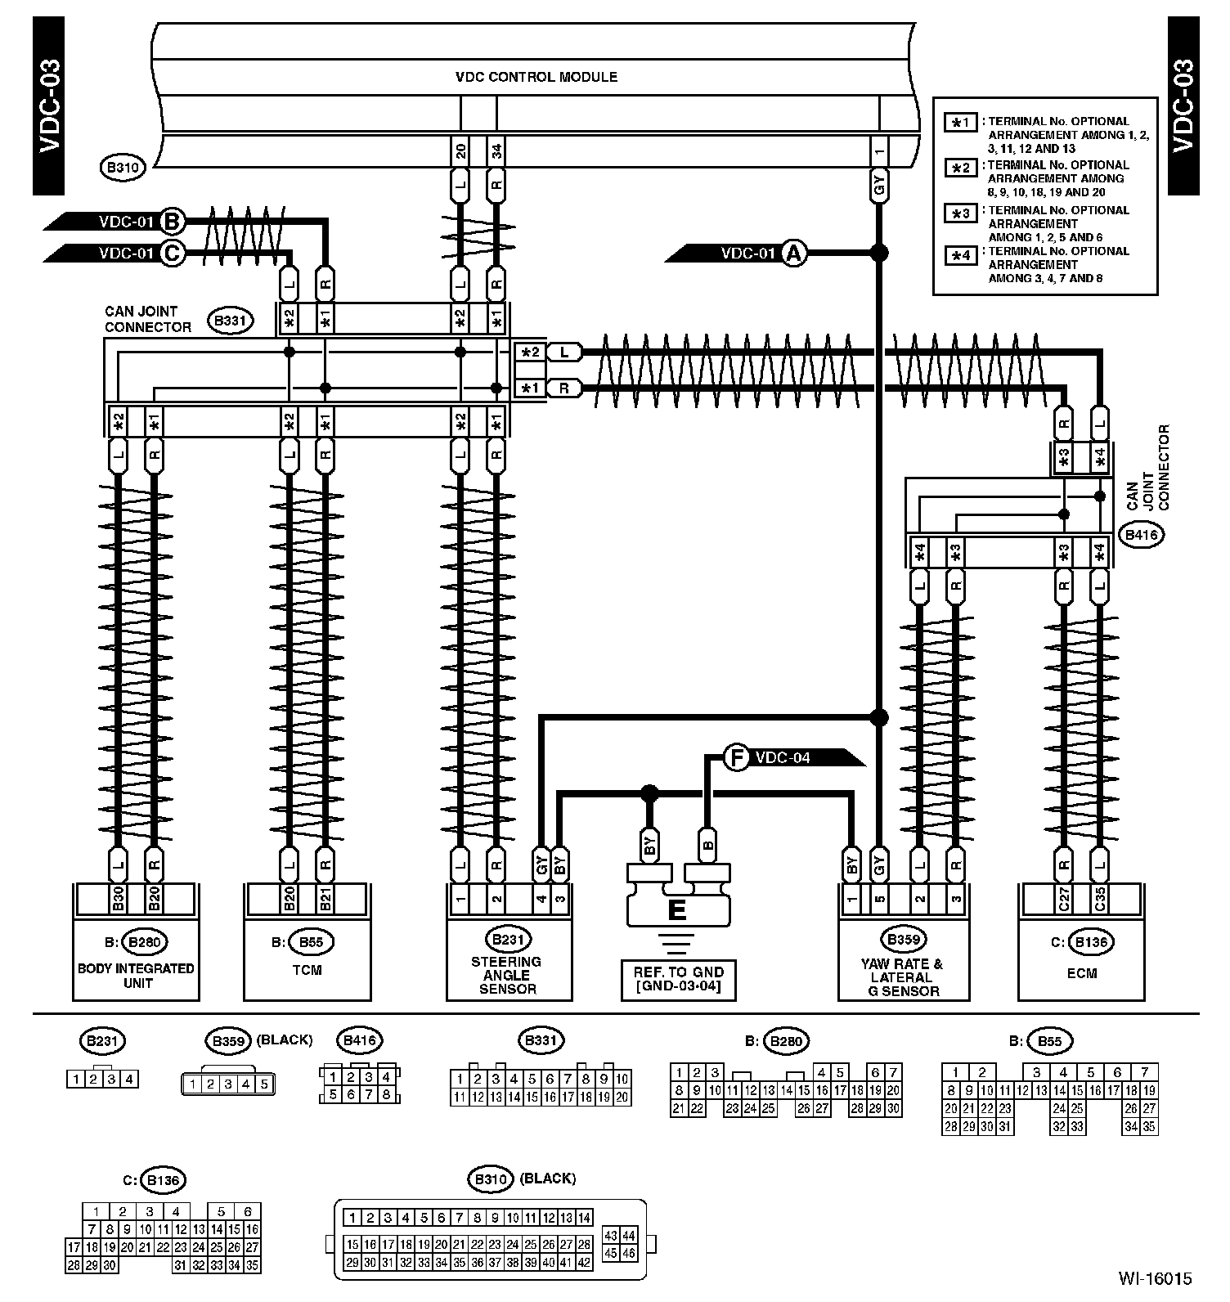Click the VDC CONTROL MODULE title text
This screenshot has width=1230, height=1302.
click(x=536, y=77)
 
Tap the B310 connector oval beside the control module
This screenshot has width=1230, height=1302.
click(x=123, y=168)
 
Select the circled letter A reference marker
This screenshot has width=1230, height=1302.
click(x=792, y=253)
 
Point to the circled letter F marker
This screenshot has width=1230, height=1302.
click(x=737, y=758)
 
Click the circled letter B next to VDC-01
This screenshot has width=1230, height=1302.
click(x=173, y=221)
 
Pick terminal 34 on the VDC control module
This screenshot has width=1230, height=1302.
click(x=496, y=151)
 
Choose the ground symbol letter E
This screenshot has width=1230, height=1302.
click(x=676, y=909)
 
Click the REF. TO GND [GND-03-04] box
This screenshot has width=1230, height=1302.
click(x=678, y=979)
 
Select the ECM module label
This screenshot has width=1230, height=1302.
click(x=1080, y=972)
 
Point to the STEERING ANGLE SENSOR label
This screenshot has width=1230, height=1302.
click(x=507, y=975)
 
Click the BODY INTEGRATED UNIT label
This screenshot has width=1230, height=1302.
click(x=136, y=975)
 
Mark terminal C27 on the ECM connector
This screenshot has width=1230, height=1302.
click(x=1064, y=899)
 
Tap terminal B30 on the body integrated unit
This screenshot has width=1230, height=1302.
click(x=118, y=899)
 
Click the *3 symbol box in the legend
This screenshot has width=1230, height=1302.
click(x=961, y=213)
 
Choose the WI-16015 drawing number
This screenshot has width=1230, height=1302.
click(x=1156, y=1278)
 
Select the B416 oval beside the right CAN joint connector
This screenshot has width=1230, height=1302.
click(x=1142, y=536)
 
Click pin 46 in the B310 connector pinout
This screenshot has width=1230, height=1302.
click(x=629, y=1252)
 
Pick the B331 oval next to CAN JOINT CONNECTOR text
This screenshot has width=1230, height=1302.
click(x=230, y=321)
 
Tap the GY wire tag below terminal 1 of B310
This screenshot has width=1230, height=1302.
click(x=879, y=188)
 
